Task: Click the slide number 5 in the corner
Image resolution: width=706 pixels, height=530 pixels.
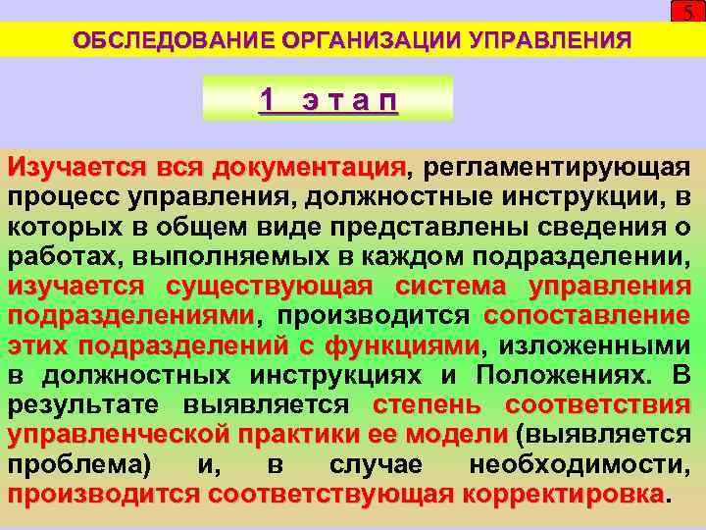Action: coord(687,12)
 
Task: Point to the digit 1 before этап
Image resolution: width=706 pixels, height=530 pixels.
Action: coord(268,99)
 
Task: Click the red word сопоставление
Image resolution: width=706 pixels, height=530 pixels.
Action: coord(587,316)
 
